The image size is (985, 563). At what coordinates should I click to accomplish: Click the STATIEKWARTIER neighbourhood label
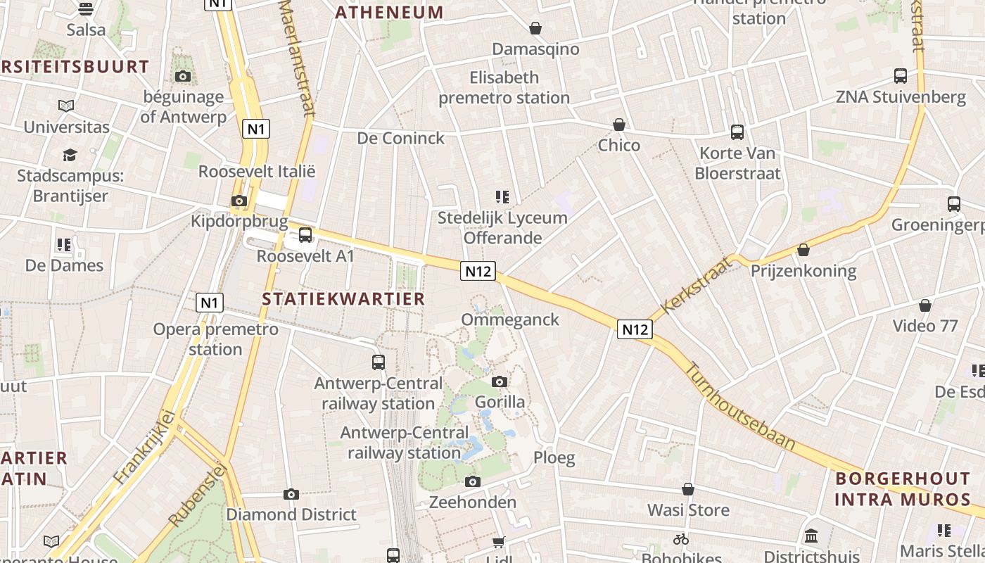point(343,298)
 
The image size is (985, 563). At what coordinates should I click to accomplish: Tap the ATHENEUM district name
point(389,12)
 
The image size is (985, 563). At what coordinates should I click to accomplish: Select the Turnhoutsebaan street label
point(741,406)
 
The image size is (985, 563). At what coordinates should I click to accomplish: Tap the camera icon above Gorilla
point(500,381)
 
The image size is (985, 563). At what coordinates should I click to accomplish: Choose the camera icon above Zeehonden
point(473,482)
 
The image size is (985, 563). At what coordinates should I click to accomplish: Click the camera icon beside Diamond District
point(291,494)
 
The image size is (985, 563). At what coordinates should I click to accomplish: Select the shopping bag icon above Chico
point(619,125)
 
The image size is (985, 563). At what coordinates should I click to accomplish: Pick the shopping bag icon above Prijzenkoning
point(803,250)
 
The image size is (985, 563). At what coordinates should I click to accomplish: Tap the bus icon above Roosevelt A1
point(305,235)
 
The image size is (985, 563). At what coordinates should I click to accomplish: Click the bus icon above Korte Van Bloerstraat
point(737,132)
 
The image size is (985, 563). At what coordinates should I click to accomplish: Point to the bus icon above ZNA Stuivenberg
point(901,76)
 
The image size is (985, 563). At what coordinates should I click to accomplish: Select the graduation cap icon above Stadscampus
point(70,155)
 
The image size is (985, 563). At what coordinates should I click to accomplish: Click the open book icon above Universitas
point(66,106)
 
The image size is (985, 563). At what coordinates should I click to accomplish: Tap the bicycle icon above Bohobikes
point(680,539)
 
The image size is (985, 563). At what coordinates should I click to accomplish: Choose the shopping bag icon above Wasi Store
point(688,489)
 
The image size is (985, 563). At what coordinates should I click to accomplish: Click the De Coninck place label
point(401,138)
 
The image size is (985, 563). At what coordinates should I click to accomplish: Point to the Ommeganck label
point(510,320)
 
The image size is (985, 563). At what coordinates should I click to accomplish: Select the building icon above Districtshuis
point(811,536)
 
